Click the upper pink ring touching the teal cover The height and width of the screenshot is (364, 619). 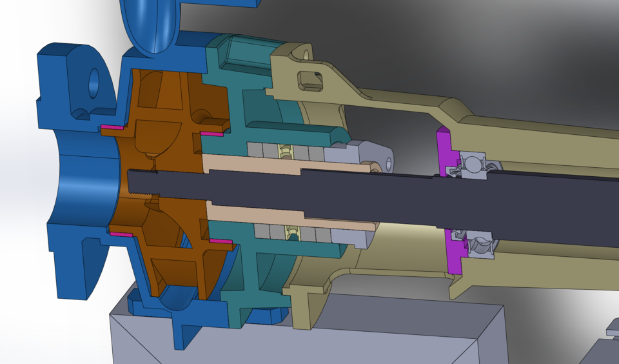tap(211, 134)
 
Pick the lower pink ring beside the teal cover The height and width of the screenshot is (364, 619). tap(219, 241)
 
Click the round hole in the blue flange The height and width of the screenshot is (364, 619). tap(93, 84)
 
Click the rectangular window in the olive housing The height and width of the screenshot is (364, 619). tap(310, 81)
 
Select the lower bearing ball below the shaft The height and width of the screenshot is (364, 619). tap(480, 245)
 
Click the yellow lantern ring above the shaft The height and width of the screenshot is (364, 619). tap(284, 152)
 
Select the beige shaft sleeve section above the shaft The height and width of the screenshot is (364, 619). tap(251, 164)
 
